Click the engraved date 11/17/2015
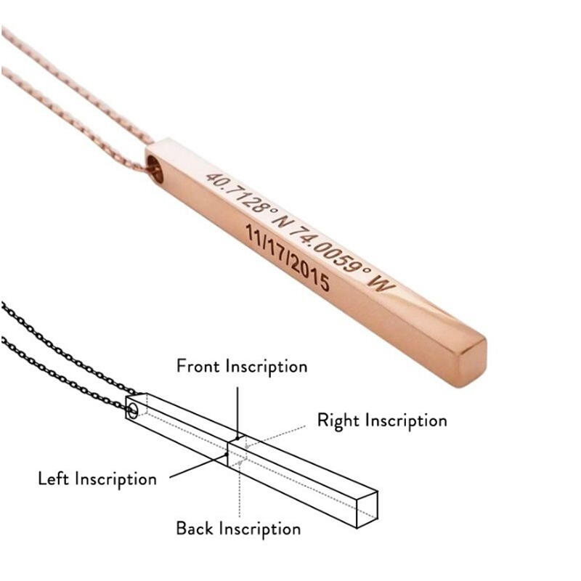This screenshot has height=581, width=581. (288, 259)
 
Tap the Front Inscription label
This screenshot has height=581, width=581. (242, 365)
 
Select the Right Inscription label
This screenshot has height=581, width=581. (382, 420)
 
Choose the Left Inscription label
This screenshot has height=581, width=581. (97, 479)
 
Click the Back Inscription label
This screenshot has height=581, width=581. (238, 528)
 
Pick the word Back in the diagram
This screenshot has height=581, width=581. (194, 528)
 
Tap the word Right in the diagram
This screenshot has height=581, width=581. (338, 420)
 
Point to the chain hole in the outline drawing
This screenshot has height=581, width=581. (132, 411)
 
